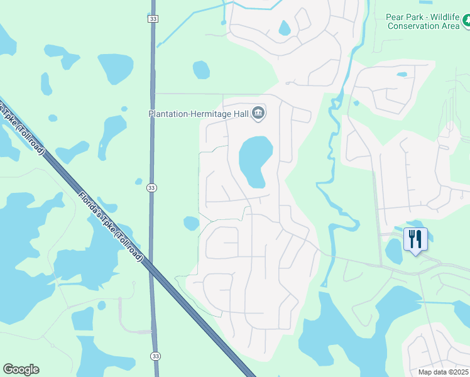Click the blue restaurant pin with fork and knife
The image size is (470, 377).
(x=415, y=239)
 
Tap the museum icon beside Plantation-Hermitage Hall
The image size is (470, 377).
(x=258, y=114)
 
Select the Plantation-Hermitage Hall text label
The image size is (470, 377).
(x=199, y=114)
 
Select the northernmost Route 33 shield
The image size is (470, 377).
(x=153, y=19)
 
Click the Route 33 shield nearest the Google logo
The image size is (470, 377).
(x=155, y=356)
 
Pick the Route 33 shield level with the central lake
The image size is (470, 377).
(x=151, y=187)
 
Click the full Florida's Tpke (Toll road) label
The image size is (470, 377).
(x=112, y=227)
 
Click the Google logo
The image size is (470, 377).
(x=21, y=369)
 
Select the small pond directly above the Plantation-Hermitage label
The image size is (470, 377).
(x=201, y=69)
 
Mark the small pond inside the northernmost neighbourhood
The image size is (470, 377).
(x=285, y=28)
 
